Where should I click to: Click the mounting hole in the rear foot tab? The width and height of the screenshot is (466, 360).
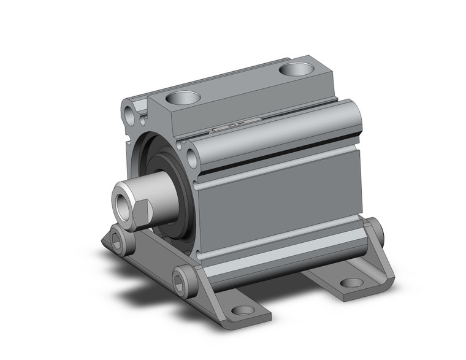tap(351, 283)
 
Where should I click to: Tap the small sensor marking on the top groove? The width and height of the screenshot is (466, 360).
tap(227, 127)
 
